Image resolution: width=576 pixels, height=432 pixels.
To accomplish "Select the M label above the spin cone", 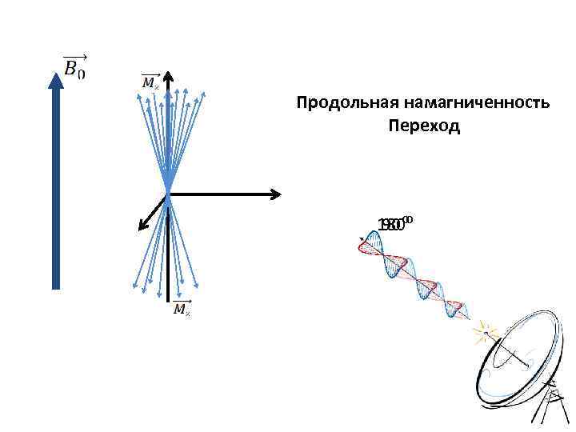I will tap(150, 82).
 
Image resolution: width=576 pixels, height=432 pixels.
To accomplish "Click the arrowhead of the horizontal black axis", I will tap(275, 193).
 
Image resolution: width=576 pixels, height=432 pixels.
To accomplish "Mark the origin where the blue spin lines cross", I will tap(169, 193).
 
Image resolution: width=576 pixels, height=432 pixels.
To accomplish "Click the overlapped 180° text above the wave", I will tap(395, 223).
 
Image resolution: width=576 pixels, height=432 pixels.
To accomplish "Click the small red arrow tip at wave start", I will tap(362, 238).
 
